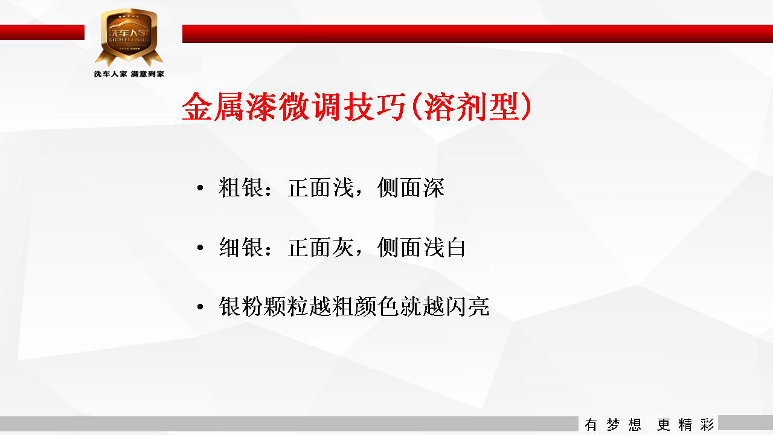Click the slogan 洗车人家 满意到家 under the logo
[x=129, y=74]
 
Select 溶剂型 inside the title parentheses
[x=472, y=107]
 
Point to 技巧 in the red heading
[x=375, y=107]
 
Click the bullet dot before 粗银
[x=200, y=188]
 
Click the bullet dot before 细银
[x=200, y=247]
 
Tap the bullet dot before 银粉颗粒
[x=200, y=306]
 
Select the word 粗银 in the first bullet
[x=241, y=188]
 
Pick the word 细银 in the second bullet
[x=241, y=247]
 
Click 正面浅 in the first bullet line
[x=321, y=188]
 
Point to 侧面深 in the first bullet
[x=411, y=188]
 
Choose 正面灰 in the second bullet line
[x=321, y=247]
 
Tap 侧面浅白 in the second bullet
[x=422, y=247]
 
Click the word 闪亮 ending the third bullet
[x=467, y=306]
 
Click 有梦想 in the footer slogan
[x=612, y=425]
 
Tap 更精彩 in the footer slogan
[x=685, y=425]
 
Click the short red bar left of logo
[x=42, y=32]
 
